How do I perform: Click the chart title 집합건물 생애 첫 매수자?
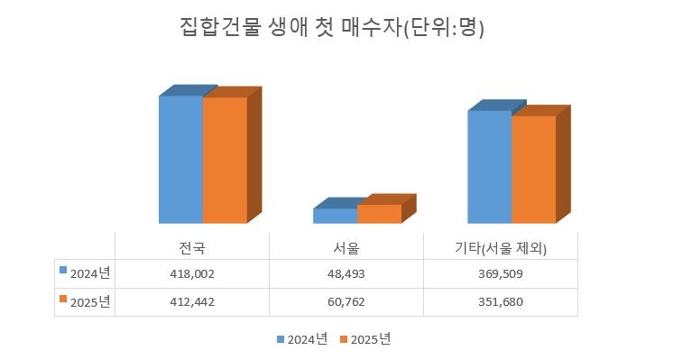tap(333, 27)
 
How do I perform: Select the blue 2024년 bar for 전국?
tap(180, 159)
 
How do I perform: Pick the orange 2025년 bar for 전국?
tap(225, 160)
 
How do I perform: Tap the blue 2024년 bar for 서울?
tap(335, 216)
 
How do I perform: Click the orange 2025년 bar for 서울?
tap(379, 213)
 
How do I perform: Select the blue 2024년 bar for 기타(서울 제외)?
tap(489, 167)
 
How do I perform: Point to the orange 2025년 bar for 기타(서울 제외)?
tap(533, 169)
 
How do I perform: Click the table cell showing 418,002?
tap(193, 273)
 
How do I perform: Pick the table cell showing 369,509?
tap(501, 273)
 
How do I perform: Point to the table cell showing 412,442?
tap(193, 302)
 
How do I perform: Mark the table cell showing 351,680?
tap(501, 302)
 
